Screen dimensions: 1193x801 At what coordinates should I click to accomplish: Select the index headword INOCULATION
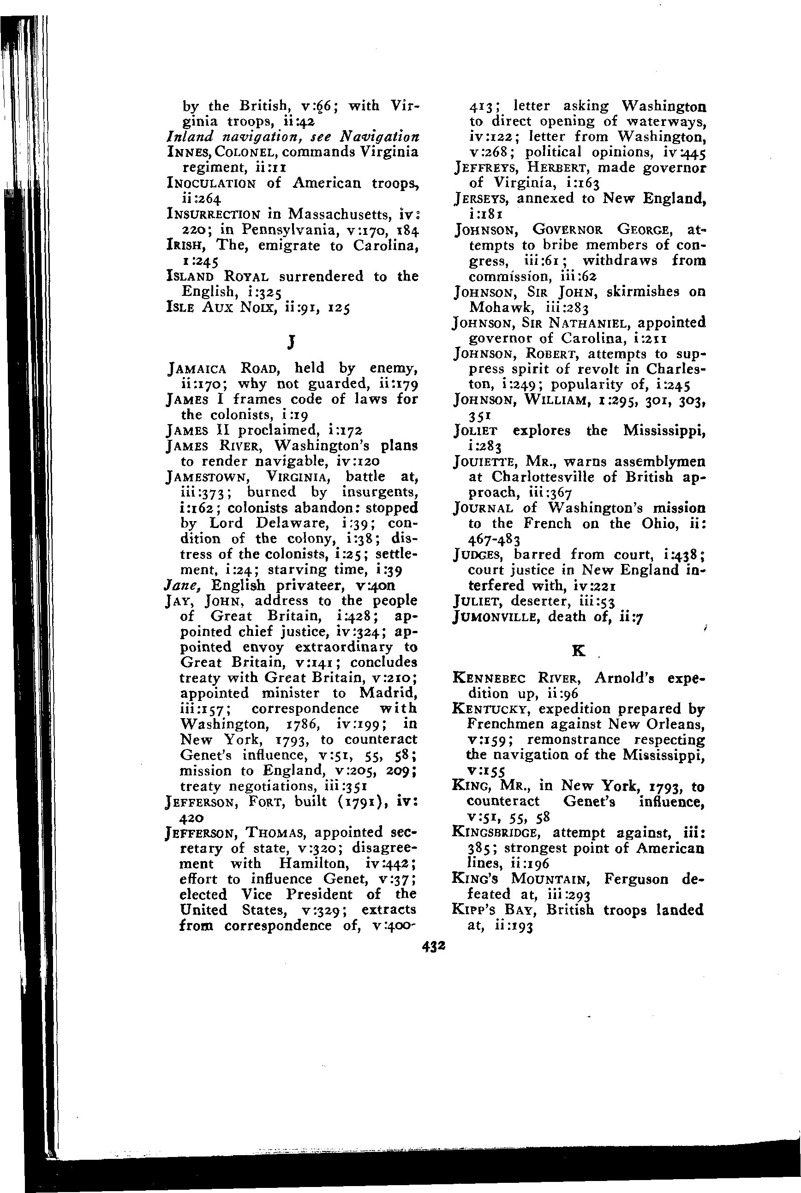pos(211,183)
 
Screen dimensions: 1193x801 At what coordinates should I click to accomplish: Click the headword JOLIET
pos(475,431)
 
